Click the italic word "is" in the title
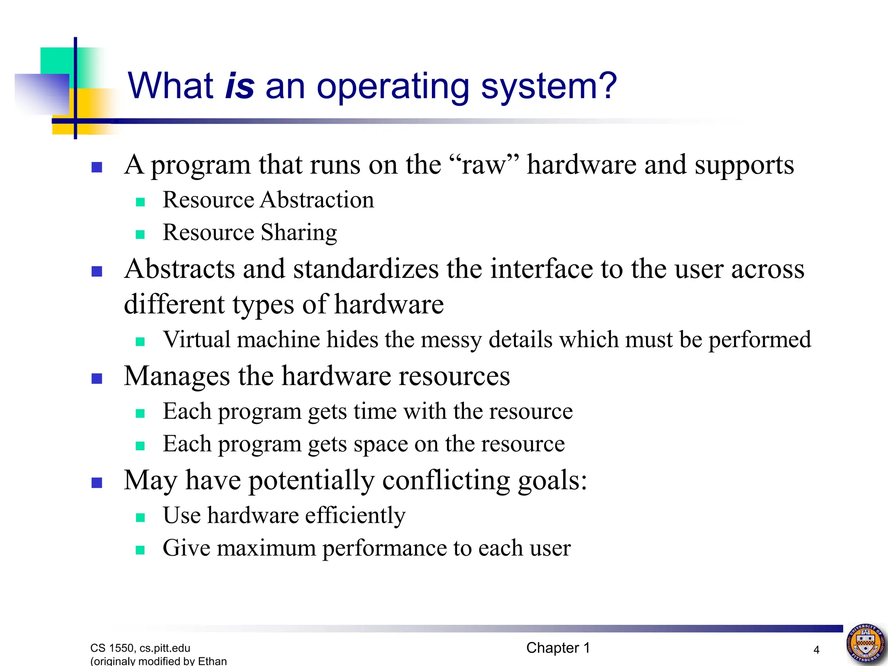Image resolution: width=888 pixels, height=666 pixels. [239, 86]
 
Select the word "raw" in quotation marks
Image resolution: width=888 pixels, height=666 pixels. [483, 165]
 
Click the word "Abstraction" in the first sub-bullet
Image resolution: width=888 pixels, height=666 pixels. [317, 200]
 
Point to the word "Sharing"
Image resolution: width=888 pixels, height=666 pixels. [299, 233]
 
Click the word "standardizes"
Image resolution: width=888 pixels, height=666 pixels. [366, 269]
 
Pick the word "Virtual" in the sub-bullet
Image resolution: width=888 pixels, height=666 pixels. [196, 339]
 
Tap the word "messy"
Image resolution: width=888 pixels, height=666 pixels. [451, 340]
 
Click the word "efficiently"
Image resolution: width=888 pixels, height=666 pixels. [355, 516]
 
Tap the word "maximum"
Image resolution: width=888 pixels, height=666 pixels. [266, 548]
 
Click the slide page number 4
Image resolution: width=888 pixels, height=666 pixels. [816, 650]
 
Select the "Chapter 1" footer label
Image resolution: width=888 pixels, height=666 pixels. [558, 648]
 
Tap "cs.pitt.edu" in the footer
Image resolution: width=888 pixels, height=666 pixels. [165, 648]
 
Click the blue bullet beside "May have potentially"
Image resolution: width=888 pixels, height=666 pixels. [97, 483]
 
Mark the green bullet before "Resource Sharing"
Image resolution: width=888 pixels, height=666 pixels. [140, 235]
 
